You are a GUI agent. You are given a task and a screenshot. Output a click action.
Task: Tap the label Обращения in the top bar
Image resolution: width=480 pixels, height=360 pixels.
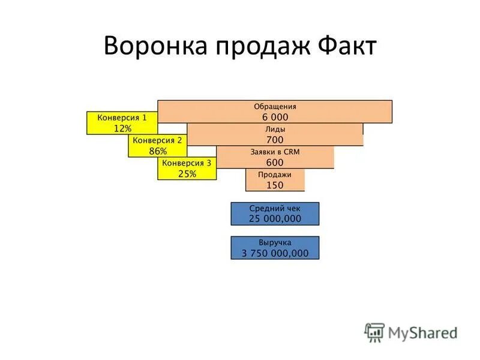[275, 106]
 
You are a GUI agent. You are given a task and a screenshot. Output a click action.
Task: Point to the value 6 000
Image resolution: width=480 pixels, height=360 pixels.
[275, 117]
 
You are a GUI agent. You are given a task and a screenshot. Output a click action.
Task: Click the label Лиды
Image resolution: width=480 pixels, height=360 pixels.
[275, 129]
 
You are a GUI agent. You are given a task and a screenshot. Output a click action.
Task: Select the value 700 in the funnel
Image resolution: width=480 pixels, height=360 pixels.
[275, 140]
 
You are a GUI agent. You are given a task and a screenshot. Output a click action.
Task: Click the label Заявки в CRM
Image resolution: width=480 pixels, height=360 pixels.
[275, 152]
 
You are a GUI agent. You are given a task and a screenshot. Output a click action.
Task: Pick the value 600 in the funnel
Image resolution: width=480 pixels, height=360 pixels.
[275, 163]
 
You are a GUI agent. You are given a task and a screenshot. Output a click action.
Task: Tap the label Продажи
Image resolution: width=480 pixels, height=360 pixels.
[275, 175]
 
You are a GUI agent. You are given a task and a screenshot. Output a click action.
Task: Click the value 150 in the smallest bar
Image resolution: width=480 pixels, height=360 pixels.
[275, 185]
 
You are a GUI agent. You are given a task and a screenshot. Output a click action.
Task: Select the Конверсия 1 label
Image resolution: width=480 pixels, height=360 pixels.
[122, 118]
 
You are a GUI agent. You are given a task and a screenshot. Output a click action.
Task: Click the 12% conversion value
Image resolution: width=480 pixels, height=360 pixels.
[122, 128]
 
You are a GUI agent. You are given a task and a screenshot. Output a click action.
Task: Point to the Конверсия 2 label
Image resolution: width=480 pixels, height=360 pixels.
[157, 140]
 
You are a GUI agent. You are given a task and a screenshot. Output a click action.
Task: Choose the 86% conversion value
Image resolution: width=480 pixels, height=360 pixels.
[157, 151]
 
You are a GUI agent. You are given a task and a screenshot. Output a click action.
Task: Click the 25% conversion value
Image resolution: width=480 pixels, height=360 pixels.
[187, 174]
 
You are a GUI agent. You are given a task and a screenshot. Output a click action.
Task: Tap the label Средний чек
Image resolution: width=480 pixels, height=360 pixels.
[275, 208]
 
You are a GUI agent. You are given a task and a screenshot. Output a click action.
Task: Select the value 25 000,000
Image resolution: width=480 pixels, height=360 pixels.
[275, 219]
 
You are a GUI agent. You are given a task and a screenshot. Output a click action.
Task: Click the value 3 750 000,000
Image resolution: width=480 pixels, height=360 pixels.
[275, 253]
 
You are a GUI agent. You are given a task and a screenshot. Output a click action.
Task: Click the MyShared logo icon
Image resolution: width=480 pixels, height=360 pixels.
[374, 332]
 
